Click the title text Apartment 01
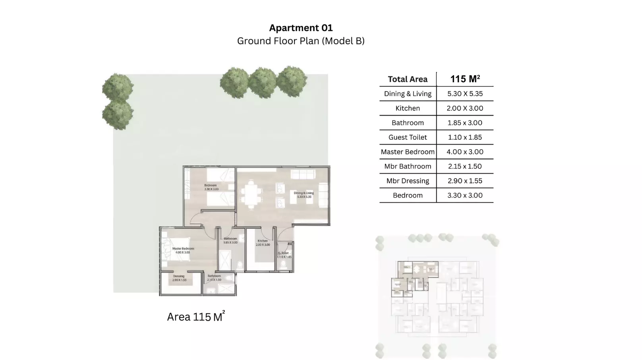point(301,28)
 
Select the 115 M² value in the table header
point(465,79)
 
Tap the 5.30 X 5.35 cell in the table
point(465,94)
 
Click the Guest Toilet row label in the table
point(408,137)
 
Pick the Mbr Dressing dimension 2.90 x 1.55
point(465,181)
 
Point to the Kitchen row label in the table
point(408,108)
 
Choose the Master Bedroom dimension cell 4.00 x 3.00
point(465,152)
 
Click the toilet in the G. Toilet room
point(284,264)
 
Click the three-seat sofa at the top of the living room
point(303,174)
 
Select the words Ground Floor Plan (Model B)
point(301,41)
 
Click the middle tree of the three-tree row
point(262,83)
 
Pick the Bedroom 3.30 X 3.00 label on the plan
point(211,187)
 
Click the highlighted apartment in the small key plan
point(413,278)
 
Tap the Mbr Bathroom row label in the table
point(408,166)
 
